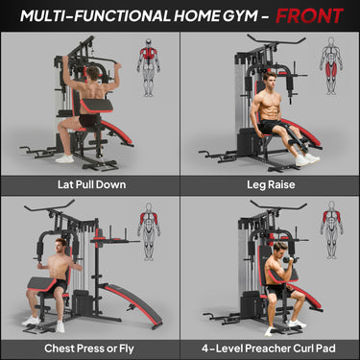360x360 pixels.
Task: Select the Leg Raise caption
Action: pos(270,183)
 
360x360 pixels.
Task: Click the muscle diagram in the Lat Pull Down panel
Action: pos(149,56)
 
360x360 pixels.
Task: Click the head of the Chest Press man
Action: pos(62,245)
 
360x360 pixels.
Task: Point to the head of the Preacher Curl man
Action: pos(280,252)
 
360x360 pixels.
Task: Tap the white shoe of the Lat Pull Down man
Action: pos(64,156)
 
